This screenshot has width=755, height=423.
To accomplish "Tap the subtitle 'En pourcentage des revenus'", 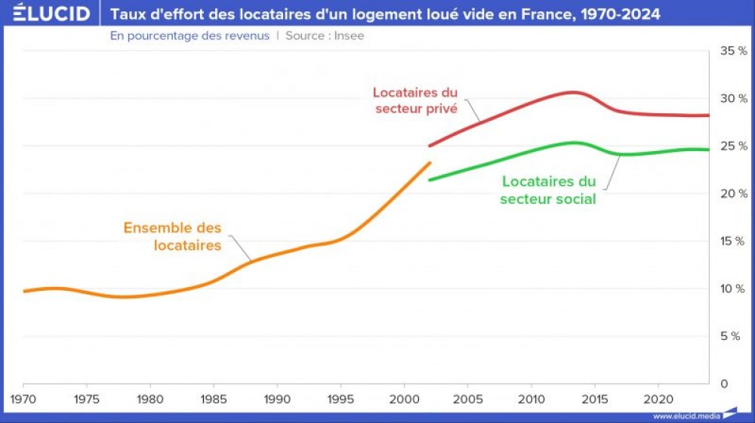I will click(x=190, y=36).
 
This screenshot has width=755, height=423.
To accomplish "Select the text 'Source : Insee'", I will click(x=325, y=36).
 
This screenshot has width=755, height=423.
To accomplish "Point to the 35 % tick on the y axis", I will click(x=733, y=51).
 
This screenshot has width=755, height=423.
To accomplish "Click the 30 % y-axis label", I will click(x=733, y=98).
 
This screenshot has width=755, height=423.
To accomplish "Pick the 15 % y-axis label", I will click(x=733, y=241).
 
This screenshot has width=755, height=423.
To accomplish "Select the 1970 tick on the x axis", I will click(x=23, y=397).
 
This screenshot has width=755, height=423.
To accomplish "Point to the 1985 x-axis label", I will click(x=214, y=397).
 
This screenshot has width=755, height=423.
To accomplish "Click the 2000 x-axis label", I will click(x=405, y=397).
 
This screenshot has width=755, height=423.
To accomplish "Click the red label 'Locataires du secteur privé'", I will click(x=415, y=100).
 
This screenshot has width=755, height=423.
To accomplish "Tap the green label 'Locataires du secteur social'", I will click(x=548, y=190).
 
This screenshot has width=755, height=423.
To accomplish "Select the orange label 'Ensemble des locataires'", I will click(x=173, y=236).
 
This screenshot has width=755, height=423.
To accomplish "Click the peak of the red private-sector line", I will click(x=572, y=92).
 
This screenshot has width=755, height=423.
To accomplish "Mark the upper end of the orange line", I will click(x=430, y=162).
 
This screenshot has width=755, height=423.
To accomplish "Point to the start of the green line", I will click(x=430, y=180).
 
